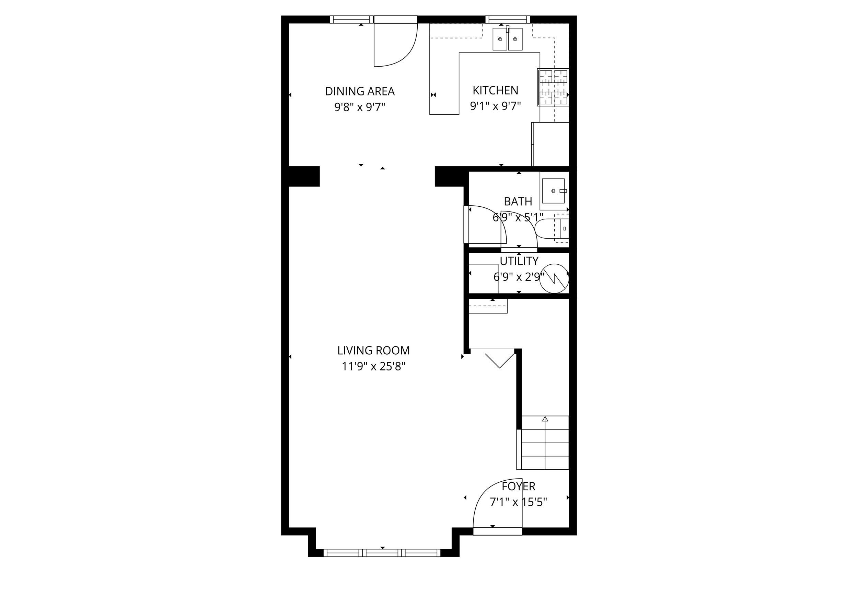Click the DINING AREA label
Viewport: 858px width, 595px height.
360,91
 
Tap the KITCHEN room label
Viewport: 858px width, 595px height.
495,91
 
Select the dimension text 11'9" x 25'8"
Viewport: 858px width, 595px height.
373,366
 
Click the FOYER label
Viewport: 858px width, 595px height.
518,486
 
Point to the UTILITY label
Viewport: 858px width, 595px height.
519,261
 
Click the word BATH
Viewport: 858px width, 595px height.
518,202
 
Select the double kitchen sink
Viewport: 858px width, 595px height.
507,39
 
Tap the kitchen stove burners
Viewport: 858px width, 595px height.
553,87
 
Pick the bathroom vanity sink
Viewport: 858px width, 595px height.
553,191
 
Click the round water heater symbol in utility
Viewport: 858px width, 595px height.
554,278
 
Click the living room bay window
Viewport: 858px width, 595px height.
382,552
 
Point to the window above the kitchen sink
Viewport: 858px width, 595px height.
507,19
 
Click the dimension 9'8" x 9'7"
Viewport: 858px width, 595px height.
360,107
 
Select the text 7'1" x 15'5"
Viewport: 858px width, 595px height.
518,503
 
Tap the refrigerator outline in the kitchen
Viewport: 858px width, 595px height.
550,144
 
